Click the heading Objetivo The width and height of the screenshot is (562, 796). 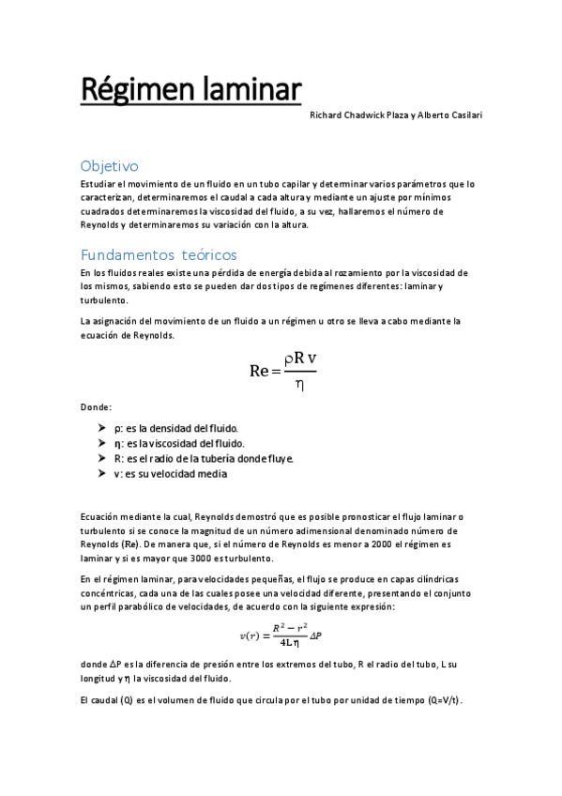click(x=110, y=165)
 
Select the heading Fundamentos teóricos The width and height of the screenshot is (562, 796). click(x=159, y=254)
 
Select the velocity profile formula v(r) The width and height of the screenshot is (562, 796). click(x=281, y=635)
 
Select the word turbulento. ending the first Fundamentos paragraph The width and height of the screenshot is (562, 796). click(x=103, y=300)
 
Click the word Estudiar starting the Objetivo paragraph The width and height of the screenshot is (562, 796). click(x=99, y=184)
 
